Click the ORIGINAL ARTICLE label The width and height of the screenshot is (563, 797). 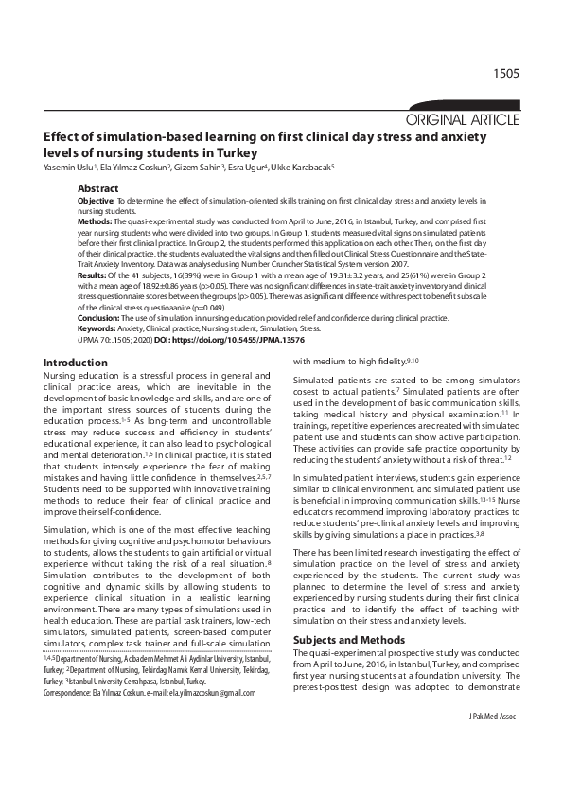tap(462, 119)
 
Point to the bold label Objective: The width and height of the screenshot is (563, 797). tap(96, 201)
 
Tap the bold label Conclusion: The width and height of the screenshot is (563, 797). tap(98, 318)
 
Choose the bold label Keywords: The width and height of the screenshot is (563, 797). tap(97, 328)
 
